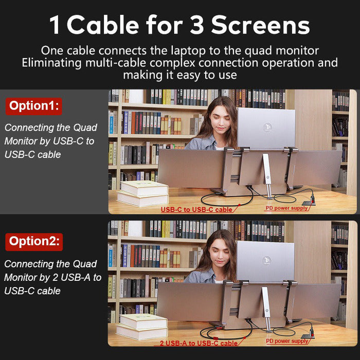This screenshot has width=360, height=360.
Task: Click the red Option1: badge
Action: (34, 106)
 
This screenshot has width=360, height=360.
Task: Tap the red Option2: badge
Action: (34, 241)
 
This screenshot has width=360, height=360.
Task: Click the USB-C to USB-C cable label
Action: (196, 209)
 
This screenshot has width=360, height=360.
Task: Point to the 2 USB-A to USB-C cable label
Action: (199, 343)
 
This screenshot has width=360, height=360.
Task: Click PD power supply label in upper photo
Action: (286, 208)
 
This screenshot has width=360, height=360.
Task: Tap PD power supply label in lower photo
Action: (287, 341)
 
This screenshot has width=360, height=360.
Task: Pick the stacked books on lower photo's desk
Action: (141, 326)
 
